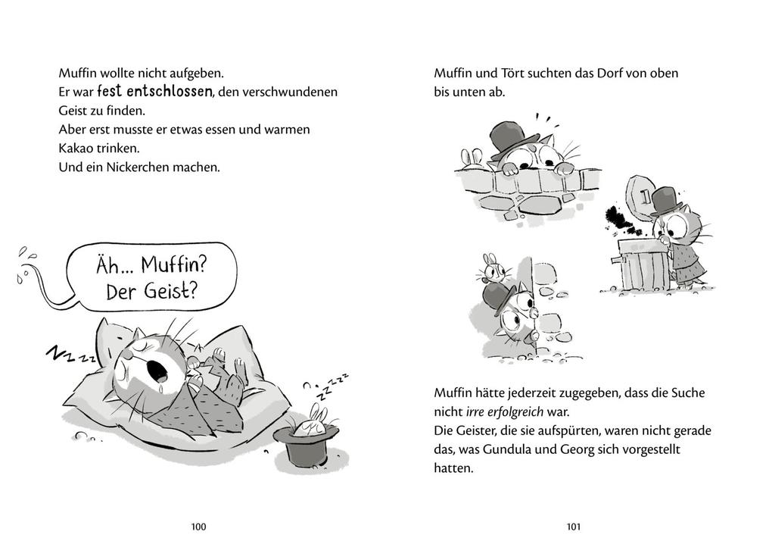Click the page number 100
(x=199, y=527)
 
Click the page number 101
(x=573, y=527)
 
